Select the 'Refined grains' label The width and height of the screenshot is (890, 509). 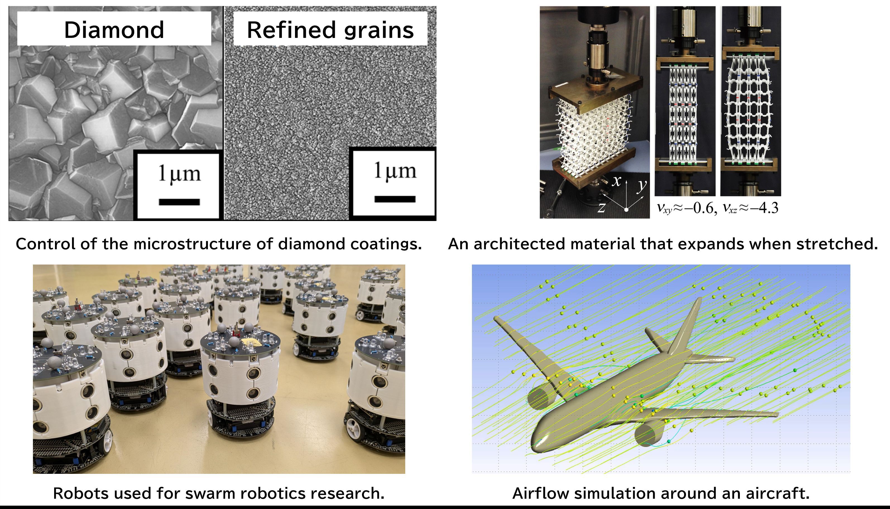tap(330, 30)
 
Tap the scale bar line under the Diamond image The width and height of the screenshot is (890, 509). tap(179, 202)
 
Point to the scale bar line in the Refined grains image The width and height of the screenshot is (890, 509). tap(395, 199)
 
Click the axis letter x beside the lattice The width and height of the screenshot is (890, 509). tap(617, 181)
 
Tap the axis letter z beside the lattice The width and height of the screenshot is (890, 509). tap(601, 207)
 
